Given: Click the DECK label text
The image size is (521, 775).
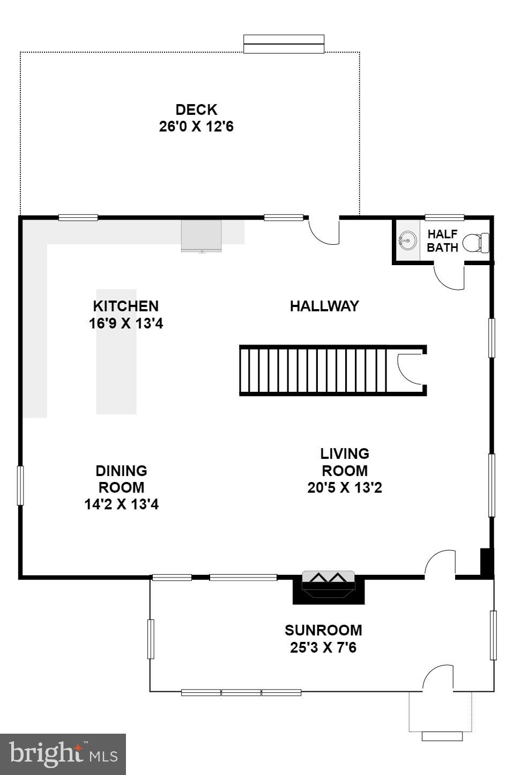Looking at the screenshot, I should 196,109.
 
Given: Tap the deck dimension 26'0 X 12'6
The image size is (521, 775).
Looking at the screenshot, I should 196,127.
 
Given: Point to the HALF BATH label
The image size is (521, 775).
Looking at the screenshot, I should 442,241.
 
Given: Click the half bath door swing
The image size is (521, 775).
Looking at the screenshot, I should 449,276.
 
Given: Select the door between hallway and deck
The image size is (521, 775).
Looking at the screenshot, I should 325,231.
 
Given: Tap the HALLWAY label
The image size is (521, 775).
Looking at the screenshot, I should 324,306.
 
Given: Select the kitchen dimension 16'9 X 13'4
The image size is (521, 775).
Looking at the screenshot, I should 126,324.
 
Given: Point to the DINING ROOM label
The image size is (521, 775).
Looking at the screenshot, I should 121,479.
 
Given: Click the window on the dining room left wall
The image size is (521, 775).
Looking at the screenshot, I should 20,485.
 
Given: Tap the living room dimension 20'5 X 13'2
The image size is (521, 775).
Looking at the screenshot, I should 345,487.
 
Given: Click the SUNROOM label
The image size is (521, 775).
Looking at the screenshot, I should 323,630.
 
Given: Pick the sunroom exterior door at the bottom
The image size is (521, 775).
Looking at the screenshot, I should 439,678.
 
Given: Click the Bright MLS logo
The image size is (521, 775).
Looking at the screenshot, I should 63,754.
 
